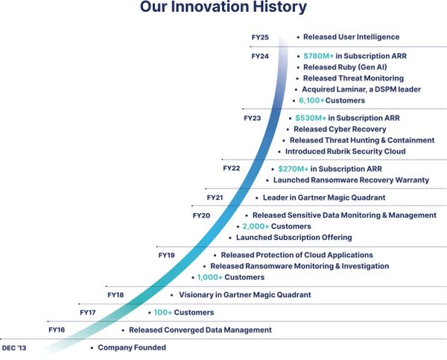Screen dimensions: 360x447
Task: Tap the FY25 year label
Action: [261, 37]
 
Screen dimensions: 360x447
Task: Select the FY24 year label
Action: [261, 56]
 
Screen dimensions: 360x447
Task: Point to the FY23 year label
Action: [252, 118]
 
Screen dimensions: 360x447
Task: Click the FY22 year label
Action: [231, 168]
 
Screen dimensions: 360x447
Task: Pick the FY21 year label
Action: [215, 198]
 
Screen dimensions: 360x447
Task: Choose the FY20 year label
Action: [201, 215]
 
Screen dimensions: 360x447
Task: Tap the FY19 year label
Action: [167, 255]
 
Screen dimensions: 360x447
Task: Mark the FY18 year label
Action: [115, 295]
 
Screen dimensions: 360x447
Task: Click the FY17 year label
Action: [88, 312]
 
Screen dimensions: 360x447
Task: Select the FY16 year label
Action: [57, 329]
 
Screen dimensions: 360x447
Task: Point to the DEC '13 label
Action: [15, 348]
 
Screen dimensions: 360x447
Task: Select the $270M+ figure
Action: [292, 169]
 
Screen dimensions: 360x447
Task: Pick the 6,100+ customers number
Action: [311, 101]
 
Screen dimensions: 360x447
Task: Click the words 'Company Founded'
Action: [132, 348]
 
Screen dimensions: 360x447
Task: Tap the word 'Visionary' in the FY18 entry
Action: [197, 295]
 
